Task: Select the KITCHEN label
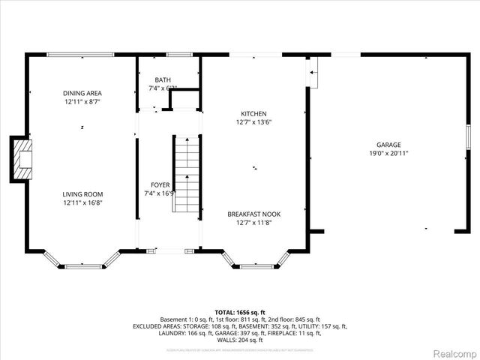click(x=253, y=113)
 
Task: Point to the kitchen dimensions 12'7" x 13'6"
click(x=253, y=121)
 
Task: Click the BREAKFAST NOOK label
click(x=253, y=214)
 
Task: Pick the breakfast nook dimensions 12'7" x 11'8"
click(x=253, y=222)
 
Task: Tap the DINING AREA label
click(x=82, y=93)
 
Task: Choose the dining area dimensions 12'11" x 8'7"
click(x=82, y=101)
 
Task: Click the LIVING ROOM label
click(x=82, y=193)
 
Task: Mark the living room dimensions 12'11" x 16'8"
click(x=82, y=202)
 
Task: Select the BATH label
click(x=163, y=80)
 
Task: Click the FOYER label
click(x=160, y=184)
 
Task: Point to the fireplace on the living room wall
click(x=20, y=158)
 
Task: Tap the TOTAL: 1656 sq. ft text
click(x=240, y=311)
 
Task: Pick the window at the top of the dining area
click(x=80, y=55)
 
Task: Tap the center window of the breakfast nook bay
click(x=256, y=265)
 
